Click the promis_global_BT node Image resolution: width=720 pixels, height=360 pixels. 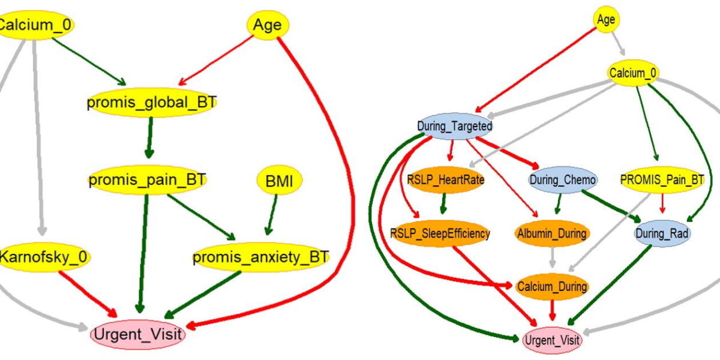tap(151, 103)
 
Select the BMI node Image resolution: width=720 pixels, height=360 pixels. tap(279, 180)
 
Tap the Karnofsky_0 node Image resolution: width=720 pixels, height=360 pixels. tap(44, 258)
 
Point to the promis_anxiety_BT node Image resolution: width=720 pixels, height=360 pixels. tap(260, 258)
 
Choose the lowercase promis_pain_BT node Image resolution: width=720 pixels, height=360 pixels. tap(148, 179)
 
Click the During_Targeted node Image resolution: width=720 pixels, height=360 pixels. tap(454, 127)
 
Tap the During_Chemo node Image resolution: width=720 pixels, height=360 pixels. tap(562, 179)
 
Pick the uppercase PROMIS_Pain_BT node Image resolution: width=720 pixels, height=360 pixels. tap(661, 179)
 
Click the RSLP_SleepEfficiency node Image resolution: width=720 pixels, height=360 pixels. tap(440, 233)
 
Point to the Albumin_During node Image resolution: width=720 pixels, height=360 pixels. tap(551, 233)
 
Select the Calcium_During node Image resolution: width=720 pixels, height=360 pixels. tap(552, 287)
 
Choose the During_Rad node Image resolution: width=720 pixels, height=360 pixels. tap(662, 233)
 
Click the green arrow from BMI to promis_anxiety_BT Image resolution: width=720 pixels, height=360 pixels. tap(273, 214)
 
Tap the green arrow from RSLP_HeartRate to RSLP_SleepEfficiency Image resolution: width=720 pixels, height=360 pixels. tap(443, 203)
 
